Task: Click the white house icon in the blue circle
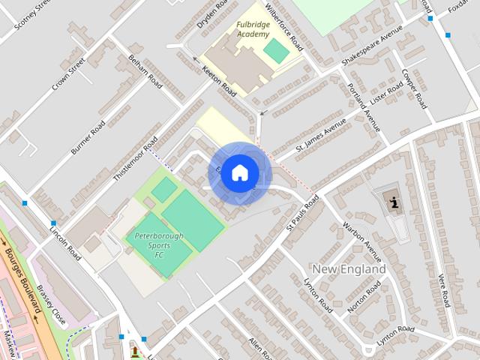[239, 172]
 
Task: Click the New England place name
[349, 268]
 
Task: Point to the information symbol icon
[394, 200]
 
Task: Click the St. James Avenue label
[320, 136]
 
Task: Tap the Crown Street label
[67, 72]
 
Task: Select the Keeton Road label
[219, 81]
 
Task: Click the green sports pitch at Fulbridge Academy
[276, 51]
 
